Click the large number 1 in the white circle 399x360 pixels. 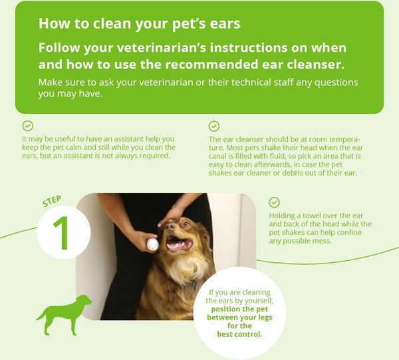click(x=62, y=233)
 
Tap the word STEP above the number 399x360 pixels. click(x=52, y=201)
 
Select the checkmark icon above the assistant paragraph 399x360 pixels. click(x=28, y=126)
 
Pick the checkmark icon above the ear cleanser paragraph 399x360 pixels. click(x=214, y=126)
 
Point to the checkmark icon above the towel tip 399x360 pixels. click(x=274, y=202)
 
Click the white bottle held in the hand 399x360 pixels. click(x=152, y=245)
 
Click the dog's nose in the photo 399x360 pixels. click(x=170, y=226)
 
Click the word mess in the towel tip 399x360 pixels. click(x=323, y=241)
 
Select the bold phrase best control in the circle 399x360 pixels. click(x=239, y=334)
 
